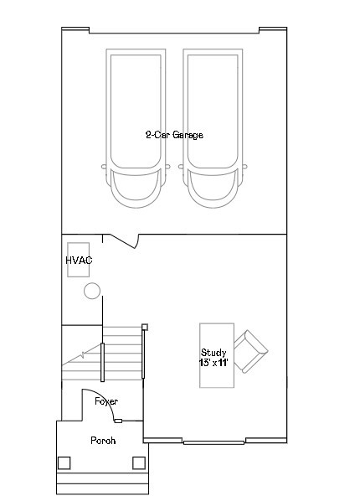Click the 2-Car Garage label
click(x=174, y=135)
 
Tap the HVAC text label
click(x=79, y=261)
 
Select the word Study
click(x=213, y=353)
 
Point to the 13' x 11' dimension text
click(x=213, y=363)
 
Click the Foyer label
click(x=106, y=401)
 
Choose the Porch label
click(x=103, y=441)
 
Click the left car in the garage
click(x=136, y=128)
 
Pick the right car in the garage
click(x=213, y=128)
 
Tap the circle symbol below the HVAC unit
click(x=92, y=291)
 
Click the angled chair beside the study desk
click(x=251, y=351)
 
